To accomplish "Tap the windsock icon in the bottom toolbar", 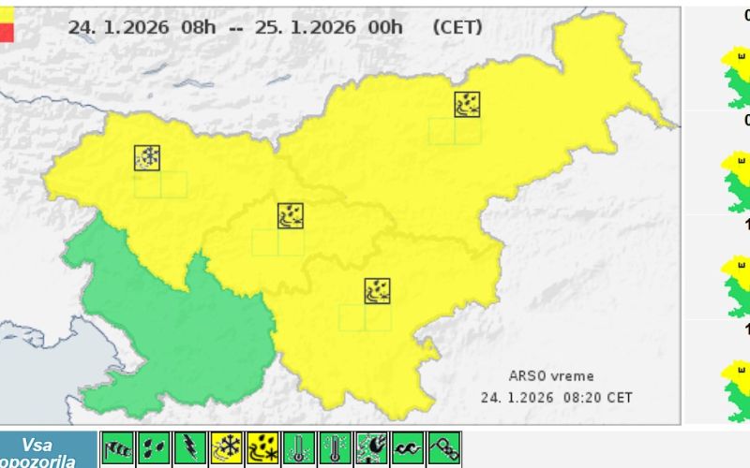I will [x=117, y=450].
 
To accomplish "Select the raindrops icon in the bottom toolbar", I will [x=154, y=450].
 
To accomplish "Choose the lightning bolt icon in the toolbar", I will [x=190, y=450].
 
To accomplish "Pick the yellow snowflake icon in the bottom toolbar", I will [x=227, y=450].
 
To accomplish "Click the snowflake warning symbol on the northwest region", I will [x=147, y=158].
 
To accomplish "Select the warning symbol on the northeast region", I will [x=468, y=104].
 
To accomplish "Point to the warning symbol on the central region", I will [x=291, y=216].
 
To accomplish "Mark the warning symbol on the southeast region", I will [x=378, y=291].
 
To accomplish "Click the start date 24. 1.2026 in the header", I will [x=119, y=27].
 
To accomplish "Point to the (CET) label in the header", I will [x=458, y=27].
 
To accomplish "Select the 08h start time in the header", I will [x=199, y=27].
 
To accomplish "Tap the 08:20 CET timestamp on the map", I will [x=597, y=397].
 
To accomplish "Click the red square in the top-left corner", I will [x=7, y=33].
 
